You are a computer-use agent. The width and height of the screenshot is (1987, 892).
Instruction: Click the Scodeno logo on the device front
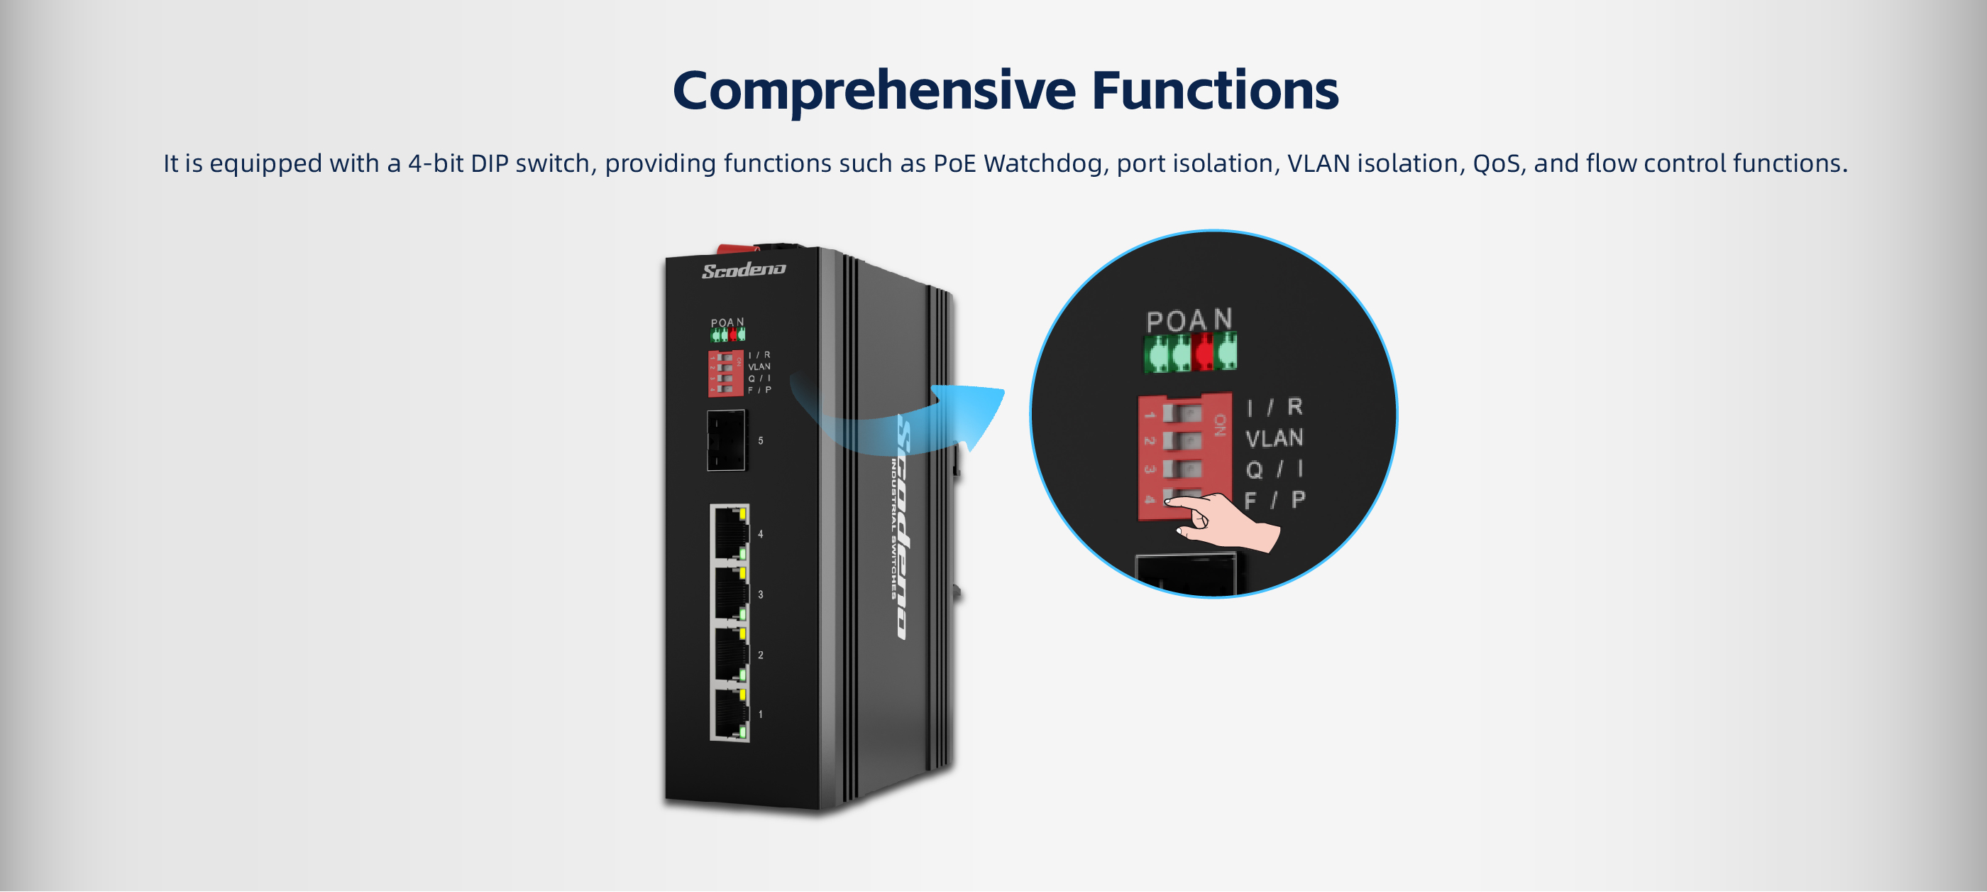tap(744, 270)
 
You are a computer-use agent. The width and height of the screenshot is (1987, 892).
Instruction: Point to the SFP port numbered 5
tap(727, 440)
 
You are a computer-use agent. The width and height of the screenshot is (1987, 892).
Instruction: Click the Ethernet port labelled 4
tap(729, 533)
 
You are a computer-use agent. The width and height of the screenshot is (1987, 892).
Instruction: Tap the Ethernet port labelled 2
tap(729, 654)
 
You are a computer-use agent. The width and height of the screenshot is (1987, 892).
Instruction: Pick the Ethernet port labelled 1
tap(729, 714)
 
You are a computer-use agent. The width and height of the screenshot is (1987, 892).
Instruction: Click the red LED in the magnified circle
tap(1203, 354)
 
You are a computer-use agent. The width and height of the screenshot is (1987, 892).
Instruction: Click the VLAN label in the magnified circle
tap(1275, 438)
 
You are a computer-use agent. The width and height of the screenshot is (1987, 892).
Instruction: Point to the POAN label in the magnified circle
tap(1189, 320)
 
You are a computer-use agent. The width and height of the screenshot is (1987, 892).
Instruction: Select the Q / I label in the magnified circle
tap(1275, 469)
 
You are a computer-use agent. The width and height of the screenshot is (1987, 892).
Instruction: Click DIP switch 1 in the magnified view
tap(1182, 413)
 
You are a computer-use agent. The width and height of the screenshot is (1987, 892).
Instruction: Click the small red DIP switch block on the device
tap(725, 374)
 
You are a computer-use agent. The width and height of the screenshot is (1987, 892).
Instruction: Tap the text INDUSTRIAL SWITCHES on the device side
tap(893, 528)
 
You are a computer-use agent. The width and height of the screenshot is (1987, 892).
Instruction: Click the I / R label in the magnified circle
tap(1275, 407)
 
